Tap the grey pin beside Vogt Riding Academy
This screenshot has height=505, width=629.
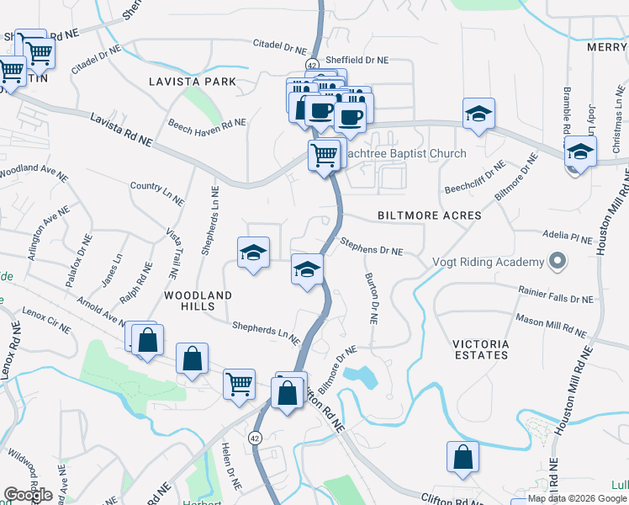click(x=555, y=262)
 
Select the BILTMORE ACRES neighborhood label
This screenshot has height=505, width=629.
click(x=429, y=215)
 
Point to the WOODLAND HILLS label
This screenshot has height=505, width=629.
click(x=198, y=301)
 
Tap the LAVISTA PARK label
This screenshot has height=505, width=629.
click(x=192, y=82)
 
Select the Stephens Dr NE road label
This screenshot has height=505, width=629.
click(x=372, y=246)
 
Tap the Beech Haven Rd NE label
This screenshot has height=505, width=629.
click(x=207, y=122)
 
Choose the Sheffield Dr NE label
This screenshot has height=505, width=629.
click(x=358, y=61)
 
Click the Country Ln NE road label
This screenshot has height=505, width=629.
click(x=157, y=193)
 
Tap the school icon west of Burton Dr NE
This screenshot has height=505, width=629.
click(x=308, y=270)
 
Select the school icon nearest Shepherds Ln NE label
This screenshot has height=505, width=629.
click(x=252, y=252)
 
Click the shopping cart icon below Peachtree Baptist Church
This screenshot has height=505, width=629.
click(x=325, y=155)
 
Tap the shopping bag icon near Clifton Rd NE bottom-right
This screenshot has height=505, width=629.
click(x=462, y=457)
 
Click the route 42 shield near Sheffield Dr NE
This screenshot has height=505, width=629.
click(x=312, y=65)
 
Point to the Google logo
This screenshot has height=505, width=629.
click(x=28, y=495)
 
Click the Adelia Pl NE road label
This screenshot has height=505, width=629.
click(x=569, y=239)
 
